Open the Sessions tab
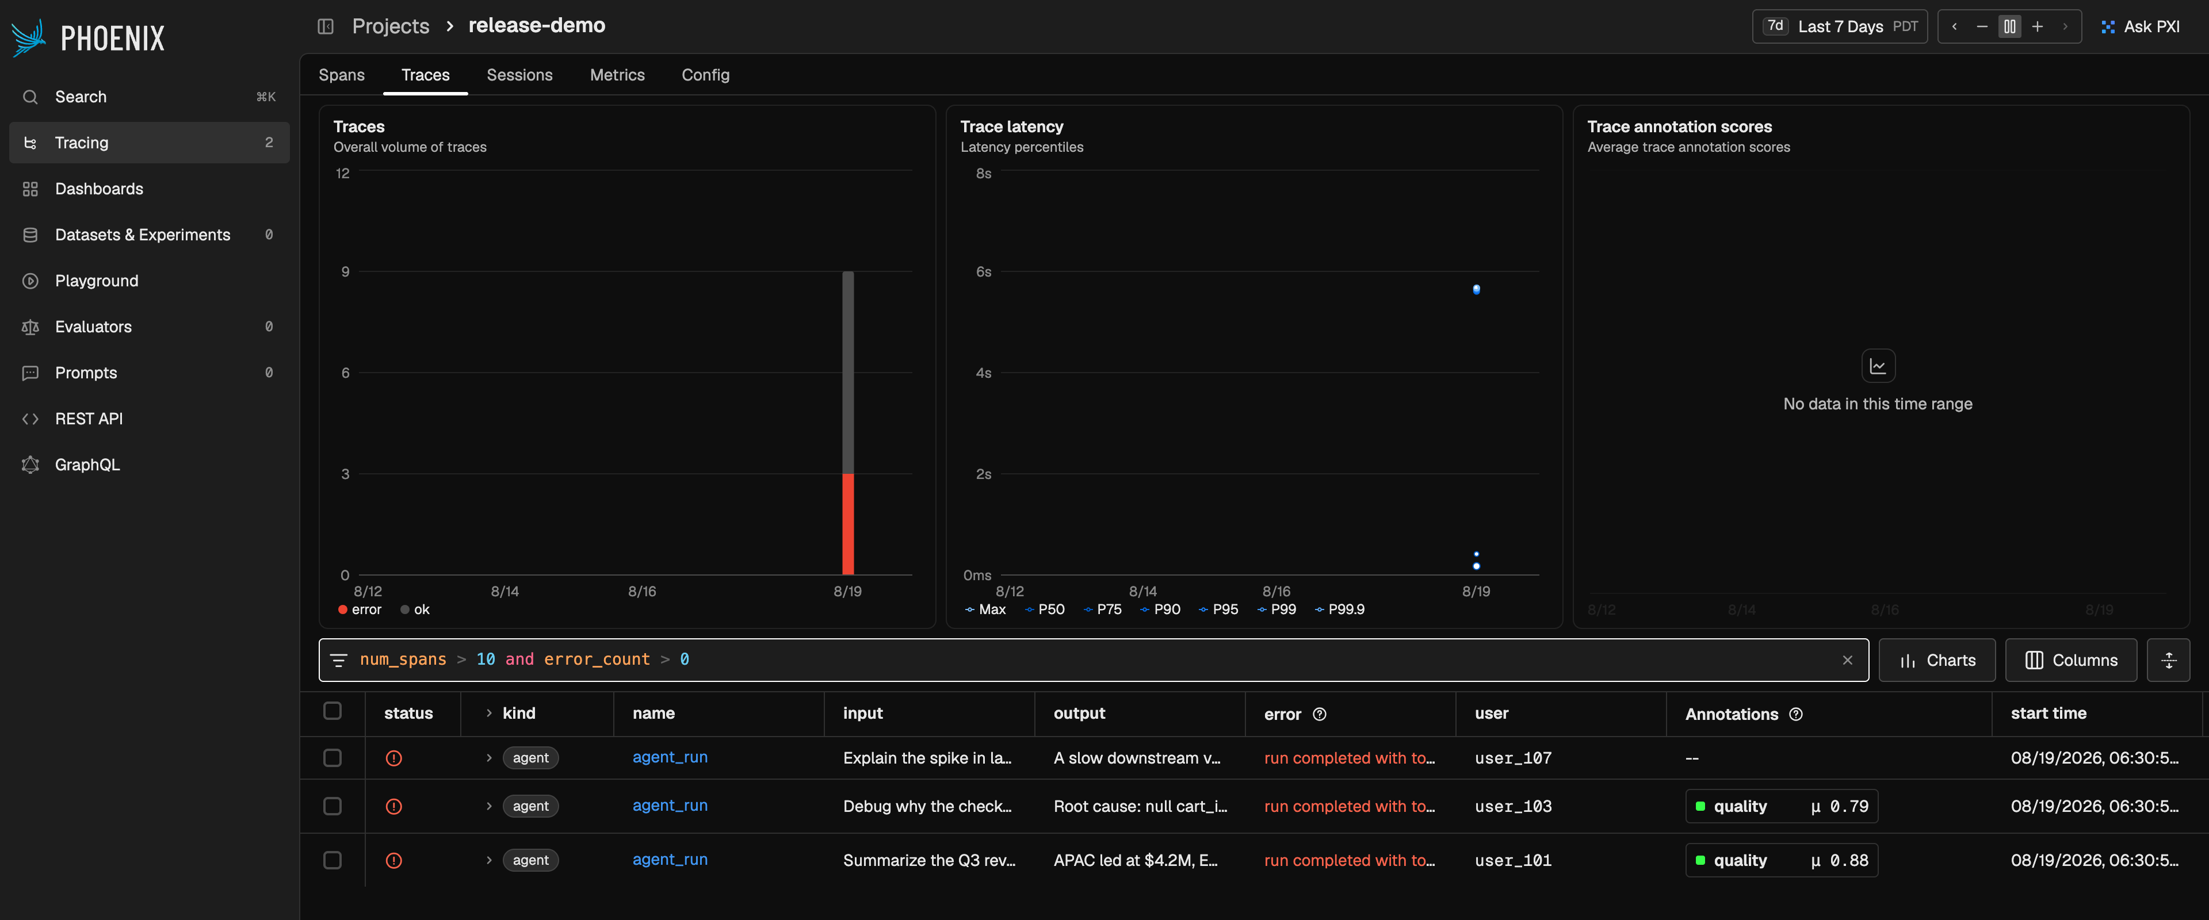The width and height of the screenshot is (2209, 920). point(519,75)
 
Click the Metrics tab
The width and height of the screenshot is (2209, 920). point(617,75)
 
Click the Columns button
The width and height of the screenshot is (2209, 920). point(2070,660)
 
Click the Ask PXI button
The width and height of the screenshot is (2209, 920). point(2141,26)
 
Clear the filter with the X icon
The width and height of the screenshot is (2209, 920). point(1847,660)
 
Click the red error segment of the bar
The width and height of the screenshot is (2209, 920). point(847,524)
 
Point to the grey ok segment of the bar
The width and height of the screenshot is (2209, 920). point(847,372)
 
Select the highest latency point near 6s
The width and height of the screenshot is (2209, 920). point(1476,290)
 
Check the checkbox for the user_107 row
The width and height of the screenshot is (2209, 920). point(333,758)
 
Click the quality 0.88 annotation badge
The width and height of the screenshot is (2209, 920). point(1781,860)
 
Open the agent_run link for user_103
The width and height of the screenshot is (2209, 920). point(670,805)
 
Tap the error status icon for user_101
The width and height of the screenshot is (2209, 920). point(393,860)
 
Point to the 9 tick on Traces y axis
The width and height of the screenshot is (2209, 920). point(346,272)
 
